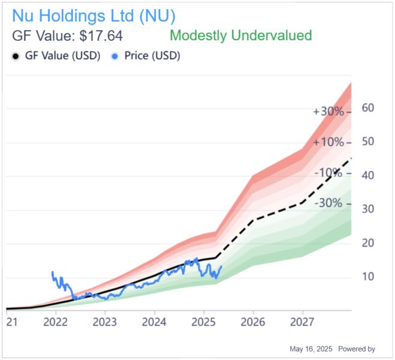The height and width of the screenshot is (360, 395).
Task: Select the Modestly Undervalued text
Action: click(240, 35)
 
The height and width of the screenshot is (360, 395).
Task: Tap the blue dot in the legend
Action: click(114, 56)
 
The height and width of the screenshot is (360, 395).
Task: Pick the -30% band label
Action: click(330, 203)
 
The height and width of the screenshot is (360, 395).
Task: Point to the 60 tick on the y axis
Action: click(367, 108)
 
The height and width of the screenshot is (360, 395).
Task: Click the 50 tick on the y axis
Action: click(367, 142)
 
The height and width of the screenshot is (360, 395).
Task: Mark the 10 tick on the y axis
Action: click(367, 277)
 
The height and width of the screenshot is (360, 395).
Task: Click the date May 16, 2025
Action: click(311, 349)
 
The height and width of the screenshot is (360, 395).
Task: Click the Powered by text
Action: click(357, 349)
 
